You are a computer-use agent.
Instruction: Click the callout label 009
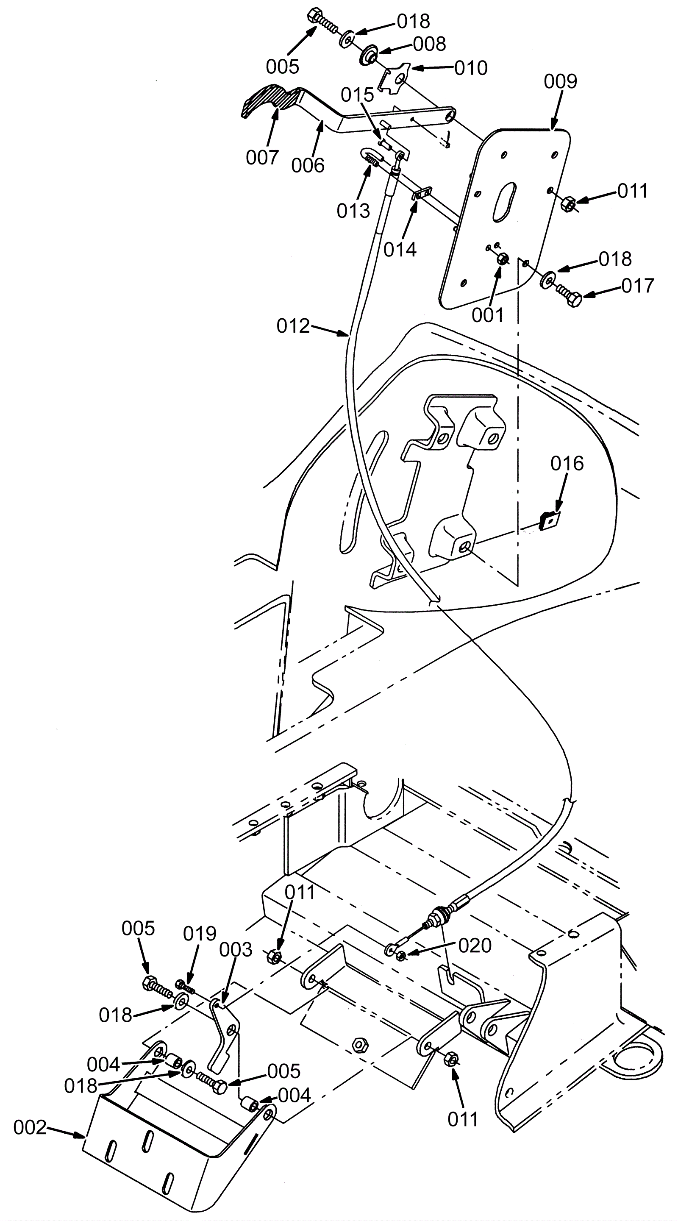(x=560, y=81)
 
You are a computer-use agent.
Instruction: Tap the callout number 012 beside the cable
(x=293, y=326)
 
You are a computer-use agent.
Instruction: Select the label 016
(x=567, y=463)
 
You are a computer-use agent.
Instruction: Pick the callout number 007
(x=262, y=157)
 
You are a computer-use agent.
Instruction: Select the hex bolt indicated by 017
(x=569, y=295)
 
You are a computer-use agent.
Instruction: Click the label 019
(x=200, y=933)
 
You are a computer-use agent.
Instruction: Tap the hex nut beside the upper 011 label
(x=567, y=205)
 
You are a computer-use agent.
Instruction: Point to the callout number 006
(x=308, y=165)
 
